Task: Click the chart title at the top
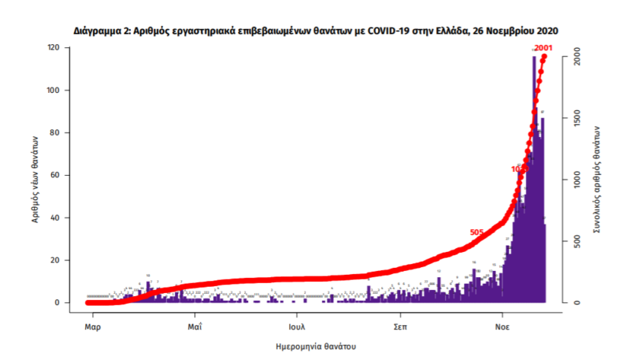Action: click(316, 31)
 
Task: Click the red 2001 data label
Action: click(543, 50)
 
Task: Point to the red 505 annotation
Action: click(477, 232)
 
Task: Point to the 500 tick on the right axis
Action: click(576, 242)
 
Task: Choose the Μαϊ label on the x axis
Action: click(195, 324)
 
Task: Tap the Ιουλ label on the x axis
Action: click(297, 324)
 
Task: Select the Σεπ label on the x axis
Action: click(400, 324)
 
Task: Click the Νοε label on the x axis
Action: click(502, 324)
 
